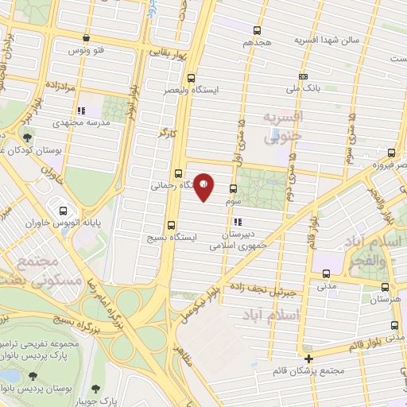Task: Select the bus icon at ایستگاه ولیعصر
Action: pyautogui.click(x=190, y=78)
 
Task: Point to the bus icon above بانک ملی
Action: pyautogui.click(x=302, y=77)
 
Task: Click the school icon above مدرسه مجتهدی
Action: pyautogui.click(x=79, y=111)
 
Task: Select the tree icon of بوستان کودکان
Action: pyautogui.click(x=29, y=138)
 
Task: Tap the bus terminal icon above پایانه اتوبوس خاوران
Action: pyautogui.click(x=63, y=211)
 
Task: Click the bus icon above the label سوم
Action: pyautogui.click(x=233, y=189)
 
